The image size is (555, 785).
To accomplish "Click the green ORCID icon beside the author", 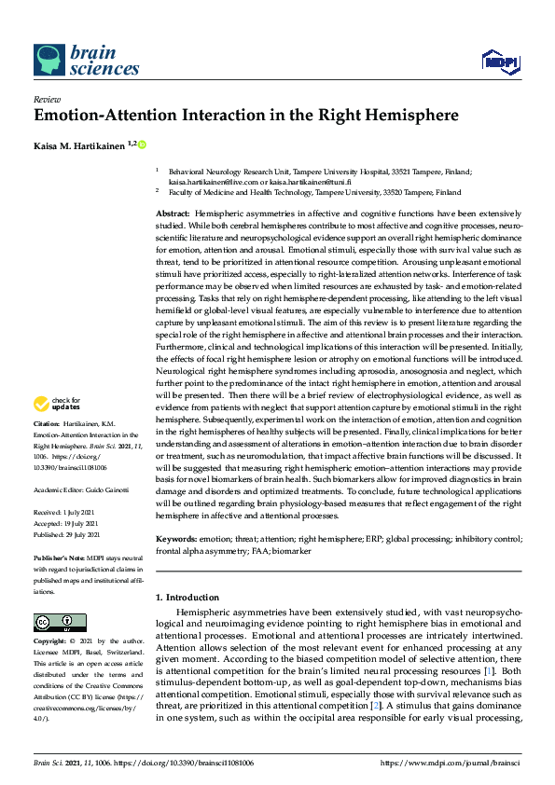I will [143, 145].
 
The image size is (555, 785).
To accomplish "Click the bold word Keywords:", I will [177, 540].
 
